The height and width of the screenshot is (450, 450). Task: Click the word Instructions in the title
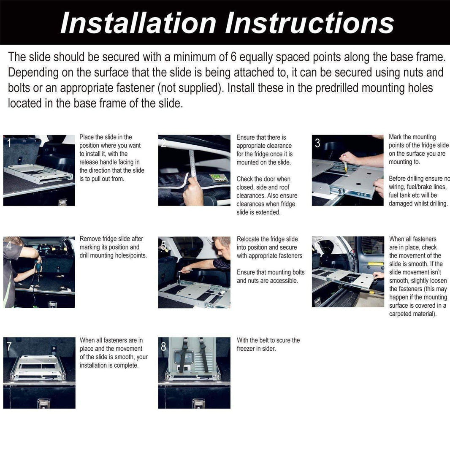tap(309, 23)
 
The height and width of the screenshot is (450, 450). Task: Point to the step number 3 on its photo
tap(317, 144)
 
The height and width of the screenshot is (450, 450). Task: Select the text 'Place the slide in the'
tap(106, 137)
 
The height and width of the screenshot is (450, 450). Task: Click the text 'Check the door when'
tap(263, 179)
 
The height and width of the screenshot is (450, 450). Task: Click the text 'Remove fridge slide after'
tap(111, 239)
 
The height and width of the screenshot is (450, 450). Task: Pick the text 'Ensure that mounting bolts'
tap(271, 272)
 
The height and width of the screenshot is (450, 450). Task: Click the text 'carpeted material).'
tap(412, 314)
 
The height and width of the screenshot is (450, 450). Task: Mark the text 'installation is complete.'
tap(109, 365)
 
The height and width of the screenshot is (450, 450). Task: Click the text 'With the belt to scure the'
tap(268, 340)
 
